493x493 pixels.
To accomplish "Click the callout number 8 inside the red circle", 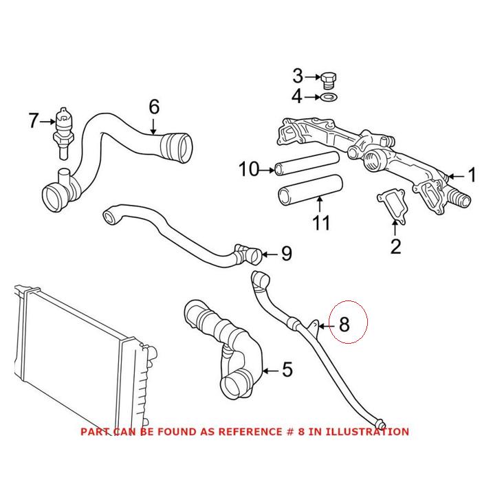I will [344, 324].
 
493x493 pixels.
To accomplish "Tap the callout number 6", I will [153, 107].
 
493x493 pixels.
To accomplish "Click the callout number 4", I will [296, 97].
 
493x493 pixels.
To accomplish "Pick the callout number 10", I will [248, 168].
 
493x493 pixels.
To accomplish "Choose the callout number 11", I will [321, 223].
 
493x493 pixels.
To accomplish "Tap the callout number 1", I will [472, 175].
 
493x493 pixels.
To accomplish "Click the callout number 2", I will [395, 246].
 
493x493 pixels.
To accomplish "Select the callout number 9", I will [286, 254].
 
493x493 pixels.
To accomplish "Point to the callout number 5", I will [287, 369].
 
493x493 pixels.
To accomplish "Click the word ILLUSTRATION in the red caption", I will [366, 432].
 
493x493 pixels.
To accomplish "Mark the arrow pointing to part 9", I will [268, 254].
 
